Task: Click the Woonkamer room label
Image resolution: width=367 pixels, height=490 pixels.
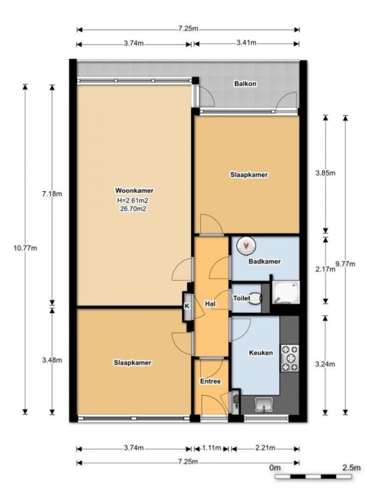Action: (134, 190)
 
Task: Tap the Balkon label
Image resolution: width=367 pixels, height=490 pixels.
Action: (245, 84)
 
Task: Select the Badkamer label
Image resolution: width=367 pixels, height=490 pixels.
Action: (264, 262)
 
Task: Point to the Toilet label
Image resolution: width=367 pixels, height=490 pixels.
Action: (241, 298)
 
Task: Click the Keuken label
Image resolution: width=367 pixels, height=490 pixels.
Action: (261, 353)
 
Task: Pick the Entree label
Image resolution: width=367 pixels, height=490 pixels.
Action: (211, 381)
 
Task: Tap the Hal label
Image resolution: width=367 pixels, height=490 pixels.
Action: (210, 303)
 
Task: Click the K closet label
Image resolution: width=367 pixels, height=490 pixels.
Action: (186, 306)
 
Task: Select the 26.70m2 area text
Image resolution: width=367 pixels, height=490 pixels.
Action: (133, 209)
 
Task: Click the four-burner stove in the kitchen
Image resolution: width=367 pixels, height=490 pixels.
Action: (290, 358)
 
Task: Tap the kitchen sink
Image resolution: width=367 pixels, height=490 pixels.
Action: (264, 406)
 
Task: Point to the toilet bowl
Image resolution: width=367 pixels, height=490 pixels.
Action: (256, 298)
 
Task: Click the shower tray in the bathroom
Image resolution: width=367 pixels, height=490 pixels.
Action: (286, 292)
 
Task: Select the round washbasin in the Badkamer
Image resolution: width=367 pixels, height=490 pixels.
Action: (246, 245)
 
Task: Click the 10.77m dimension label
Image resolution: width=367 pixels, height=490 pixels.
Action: (25, 248)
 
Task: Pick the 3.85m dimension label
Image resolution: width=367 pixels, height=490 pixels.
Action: (325, 173)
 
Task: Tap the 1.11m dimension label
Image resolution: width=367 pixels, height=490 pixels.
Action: (212, 448)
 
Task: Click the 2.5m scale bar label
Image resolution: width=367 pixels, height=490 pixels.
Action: (351, 468)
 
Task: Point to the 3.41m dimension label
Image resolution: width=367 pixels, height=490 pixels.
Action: (247, 43)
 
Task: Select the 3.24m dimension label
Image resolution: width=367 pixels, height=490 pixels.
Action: (325, 364)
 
